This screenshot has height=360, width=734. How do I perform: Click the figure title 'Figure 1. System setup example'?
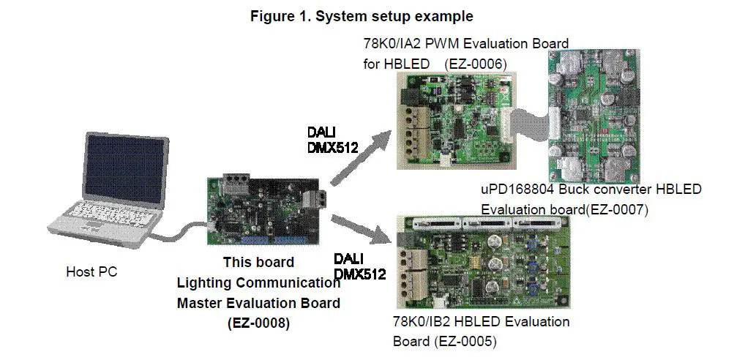(x=362, y=16)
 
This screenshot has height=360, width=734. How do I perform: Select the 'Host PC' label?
(x=91, y=272)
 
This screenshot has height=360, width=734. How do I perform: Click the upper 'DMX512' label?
(x=333, y=148)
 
